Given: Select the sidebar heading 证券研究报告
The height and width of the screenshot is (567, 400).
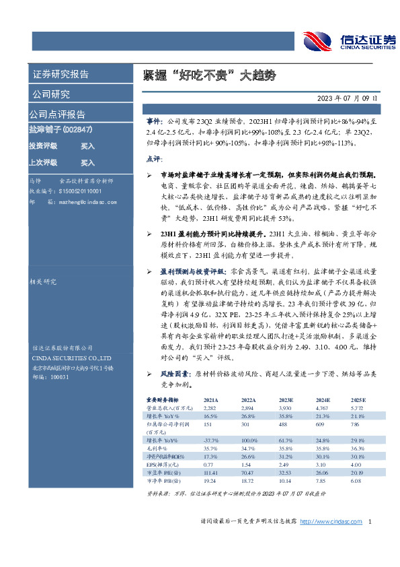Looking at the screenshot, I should (x=60, y=74).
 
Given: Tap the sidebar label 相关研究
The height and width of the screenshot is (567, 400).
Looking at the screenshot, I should (x=42, y=283).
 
